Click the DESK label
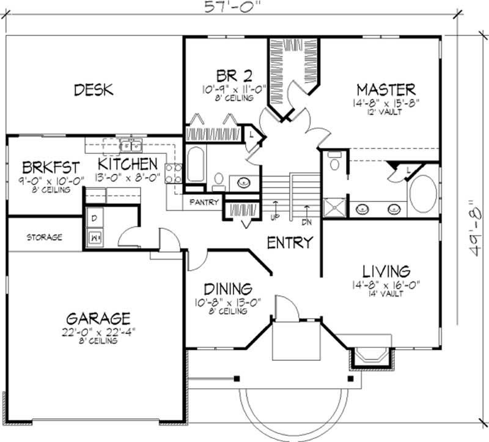point(94,90)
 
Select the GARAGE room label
point(98,318)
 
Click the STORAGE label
point(44,237)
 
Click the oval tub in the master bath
point(423,194)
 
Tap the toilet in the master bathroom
point(334,162)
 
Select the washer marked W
point(95,237)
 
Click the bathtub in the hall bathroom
point(196,165)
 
